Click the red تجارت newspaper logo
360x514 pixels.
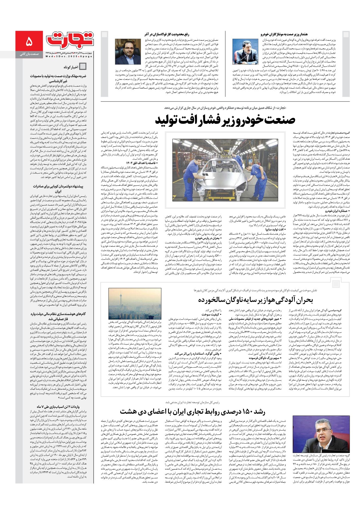coord(70,40)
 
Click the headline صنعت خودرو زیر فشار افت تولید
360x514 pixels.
coord(225,120)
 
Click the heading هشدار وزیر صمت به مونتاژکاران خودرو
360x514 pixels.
coord(284,34)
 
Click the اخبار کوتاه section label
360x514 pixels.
coord(71,67)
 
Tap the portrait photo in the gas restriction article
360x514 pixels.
coord(128,52)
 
